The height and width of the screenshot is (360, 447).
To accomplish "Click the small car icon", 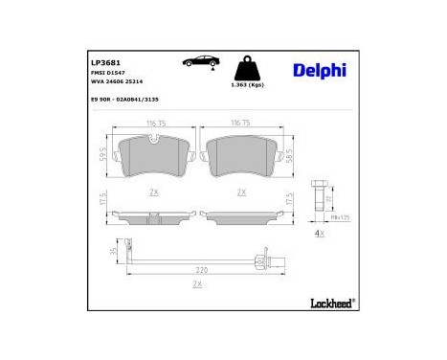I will tap(198, 63).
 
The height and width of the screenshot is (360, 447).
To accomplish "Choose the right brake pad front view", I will tap(240, 156).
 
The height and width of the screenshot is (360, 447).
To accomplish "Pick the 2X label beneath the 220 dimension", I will tap(198, 284).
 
